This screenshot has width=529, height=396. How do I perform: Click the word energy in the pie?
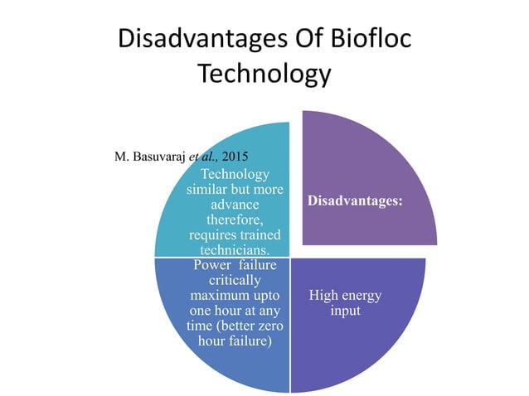(361, 295)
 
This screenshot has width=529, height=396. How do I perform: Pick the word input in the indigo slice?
(345, 311)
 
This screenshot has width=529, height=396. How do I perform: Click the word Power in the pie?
(211, 265)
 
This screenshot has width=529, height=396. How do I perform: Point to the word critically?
(235, 280)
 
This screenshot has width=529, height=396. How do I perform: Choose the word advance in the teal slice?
(235, 204)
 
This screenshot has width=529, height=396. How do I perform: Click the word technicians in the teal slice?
(234, 250)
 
